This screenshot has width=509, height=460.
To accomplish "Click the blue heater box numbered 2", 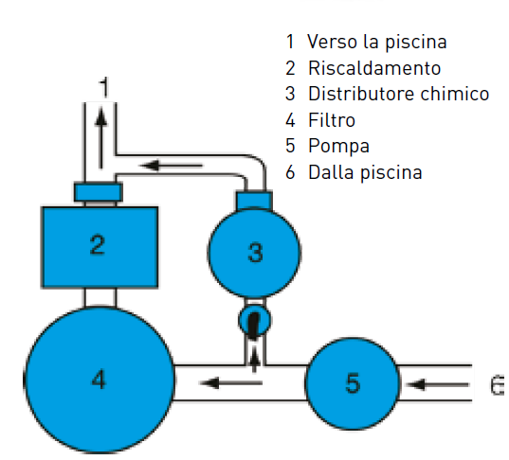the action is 100,247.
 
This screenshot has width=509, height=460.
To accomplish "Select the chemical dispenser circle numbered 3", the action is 254,252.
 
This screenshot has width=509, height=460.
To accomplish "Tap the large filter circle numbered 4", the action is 100,380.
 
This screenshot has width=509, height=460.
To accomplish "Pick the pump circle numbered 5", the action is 353,383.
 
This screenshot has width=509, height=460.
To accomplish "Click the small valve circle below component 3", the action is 254,321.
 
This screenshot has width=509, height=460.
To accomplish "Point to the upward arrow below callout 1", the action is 101,138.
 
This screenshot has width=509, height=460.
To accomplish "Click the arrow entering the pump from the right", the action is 438,384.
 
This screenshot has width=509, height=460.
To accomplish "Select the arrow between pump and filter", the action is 231,382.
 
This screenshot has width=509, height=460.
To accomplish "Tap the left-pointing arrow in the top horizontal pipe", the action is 171,166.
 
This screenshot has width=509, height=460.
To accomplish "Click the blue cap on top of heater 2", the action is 99,192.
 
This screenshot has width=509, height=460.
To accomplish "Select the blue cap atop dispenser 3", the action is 254,201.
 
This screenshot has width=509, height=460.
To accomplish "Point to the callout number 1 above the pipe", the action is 104,87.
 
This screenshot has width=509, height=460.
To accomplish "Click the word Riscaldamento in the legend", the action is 374,68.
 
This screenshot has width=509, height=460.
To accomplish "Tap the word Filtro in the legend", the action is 332,120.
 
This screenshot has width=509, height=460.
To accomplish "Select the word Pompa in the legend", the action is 338,147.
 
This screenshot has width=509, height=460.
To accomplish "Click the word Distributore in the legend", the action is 362,94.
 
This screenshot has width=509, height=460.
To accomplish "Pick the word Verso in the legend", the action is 333,42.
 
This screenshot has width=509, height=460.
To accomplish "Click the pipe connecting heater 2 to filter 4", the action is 100,297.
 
